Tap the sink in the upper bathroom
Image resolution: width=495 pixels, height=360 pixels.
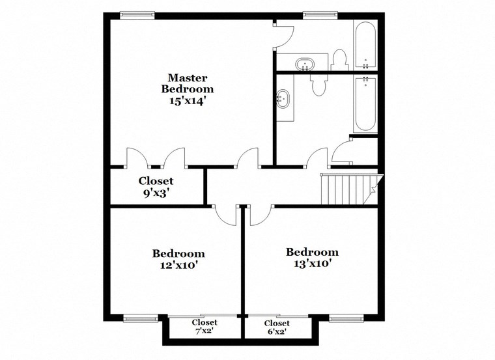pos(305,64)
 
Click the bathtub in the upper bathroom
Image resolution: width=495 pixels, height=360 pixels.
pos(365,46)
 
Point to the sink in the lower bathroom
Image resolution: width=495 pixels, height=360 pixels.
pos(283,100)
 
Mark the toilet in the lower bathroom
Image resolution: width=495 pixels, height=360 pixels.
pos(318,85)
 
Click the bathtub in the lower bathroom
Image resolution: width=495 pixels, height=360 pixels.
pos(365,104)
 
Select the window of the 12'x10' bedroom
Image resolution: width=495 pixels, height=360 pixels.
pos(140,318)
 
